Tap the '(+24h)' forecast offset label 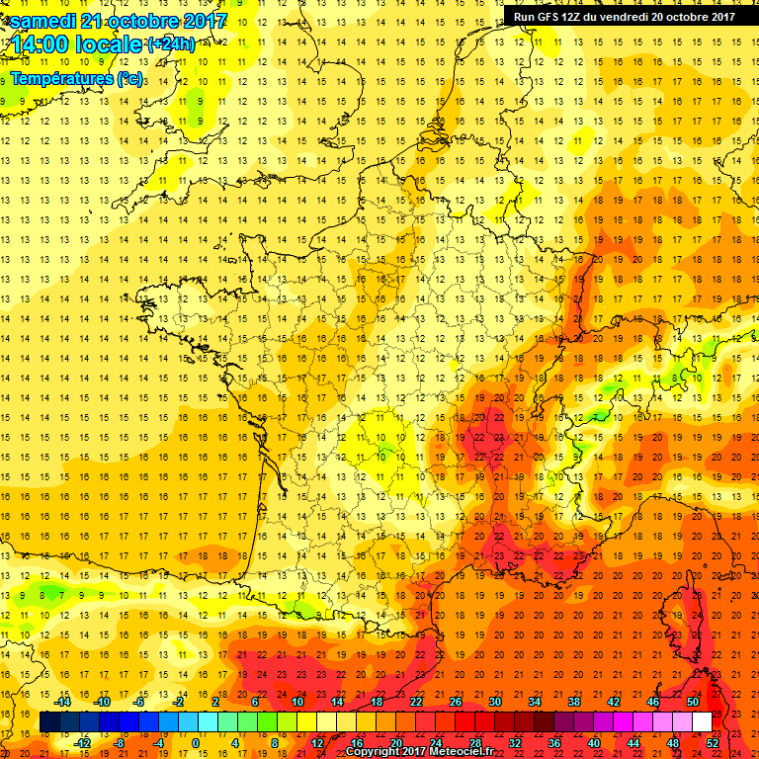170,43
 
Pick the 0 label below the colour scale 196,742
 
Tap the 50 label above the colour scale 693,701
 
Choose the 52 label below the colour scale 713,742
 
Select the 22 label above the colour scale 415,701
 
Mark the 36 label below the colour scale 554,742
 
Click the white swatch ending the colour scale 702,722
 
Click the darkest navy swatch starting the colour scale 49,722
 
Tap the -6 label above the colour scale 139,701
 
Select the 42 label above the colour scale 614,701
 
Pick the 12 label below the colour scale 317,742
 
